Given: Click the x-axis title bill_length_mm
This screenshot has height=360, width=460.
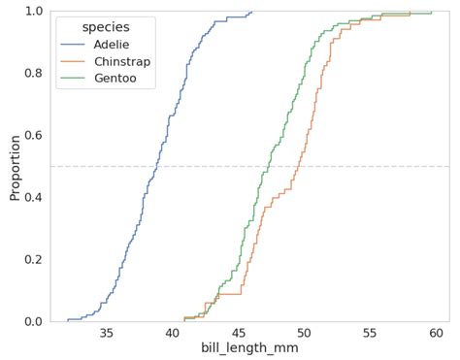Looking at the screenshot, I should coord(249,347).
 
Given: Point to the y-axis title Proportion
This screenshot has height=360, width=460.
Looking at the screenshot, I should coord(15,166).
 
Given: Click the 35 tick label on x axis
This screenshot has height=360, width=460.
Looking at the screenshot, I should coord(107,333).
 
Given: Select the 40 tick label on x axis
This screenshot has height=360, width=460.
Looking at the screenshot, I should coord(173,333).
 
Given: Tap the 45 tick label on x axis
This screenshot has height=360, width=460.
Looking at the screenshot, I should coord(239,333).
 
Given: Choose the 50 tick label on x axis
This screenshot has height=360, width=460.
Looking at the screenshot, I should coord(305,333).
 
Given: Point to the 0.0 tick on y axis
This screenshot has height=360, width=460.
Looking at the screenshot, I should coord(33,321).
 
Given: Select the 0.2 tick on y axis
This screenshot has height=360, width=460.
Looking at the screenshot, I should coord(33,259).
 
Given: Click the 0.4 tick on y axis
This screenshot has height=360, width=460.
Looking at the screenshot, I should coord(33,197).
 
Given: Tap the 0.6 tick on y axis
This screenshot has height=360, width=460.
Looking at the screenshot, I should coord(33,135).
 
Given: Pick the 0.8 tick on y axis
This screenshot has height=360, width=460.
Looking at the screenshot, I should coord(33,73).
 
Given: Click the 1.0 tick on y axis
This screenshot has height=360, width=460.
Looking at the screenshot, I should coord(33,11).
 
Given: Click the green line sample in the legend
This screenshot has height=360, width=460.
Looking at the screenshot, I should coord(74,79).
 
